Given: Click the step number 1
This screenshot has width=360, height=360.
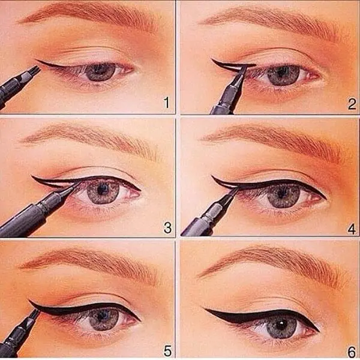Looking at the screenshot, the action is (167, 103).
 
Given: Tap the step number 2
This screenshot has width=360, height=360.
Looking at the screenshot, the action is (352, 104).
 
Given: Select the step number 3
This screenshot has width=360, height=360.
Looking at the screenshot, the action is (167, 228).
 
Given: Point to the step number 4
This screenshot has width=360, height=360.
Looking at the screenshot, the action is (352, 229).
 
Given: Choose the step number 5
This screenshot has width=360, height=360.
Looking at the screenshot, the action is (167, 351).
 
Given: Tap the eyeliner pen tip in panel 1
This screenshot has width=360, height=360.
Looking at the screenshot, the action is (38, 69).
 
